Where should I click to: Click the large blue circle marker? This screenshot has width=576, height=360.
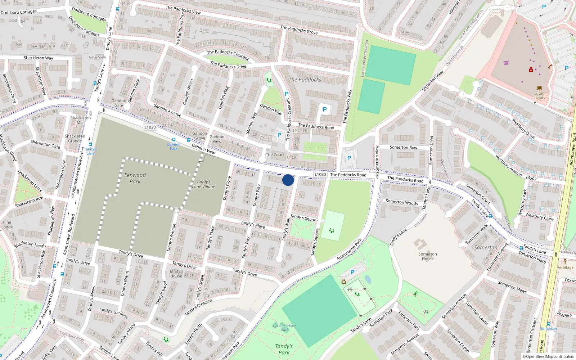click(x=288, y=180)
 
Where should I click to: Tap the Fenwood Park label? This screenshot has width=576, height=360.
click(x=135, y=178)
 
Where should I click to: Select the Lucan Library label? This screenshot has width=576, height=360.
click(x=539, y=95)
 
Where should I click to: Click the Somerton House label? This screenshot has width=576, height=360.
click(x=428, y=256)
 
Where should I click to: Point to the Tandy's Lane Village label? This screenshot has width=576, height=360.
click(x=204, y=184)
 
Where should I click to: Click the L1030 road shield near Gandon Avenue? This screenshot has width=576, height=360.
click(x=150, y=127)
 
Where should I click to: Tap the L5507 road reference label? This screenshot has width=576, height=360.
click(x=531, y=178)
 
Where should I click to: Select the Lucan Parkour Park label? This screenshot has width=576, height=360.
click(x=284, y=328)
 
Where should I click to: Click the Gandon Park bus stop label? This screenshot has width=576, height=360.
click(x=174, y=147)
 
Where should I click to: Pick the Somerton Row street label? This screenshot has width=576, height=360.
click(x=404, y=147)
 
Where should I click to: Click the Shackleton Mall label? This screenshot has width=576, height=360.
click(x=81, y=120)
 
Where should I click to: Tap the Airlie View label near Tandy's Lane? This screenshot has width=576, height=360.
click(x=97, y=57)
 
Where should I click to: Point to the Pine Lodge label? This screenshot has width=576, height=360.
click(x=7, y=225)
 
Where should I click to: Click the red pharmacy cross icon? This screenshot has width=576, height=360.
click(x=531, y=70)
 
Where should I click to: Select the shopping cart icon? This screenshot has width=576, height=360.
click(x=506, y=63)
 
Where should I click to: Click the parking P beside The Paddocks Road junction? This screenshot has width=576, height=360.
click(x=349, y=158)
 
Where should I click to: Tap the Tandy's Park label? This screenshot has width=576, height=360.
click(x=284, y=349)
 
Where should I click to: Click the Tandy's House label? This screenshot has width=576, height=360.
click(x=176, y=274)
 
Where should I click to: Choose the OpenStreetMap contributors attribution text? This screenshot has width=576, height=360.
click(x=548, y=357)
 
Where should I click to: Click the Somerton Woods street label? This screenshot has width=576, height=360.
click(x=402, y=202)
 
